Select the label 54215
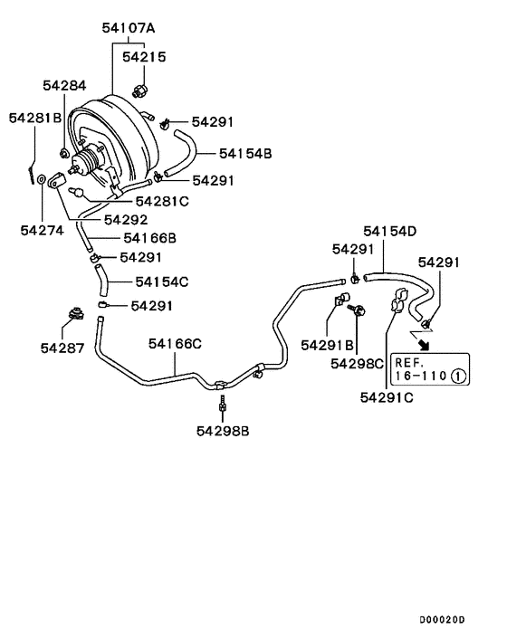[143, 56]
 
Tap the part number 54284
[64, 86]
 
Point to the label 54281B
[35, 118]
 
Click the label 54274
[42, 230]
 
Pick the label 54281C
[162, 200]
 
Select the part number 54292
[126, 219]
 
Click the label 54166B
[149, 238]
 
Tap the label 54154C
[162, 281]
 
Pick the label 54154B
[245, 154]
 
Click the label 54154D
[389, 231]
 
